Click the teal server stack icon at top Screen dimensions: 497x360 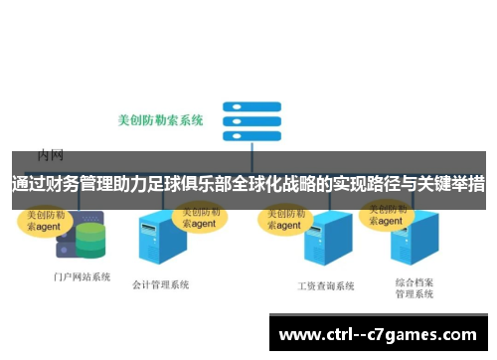pos(245,121)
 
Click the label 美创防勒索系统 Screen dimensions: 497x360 pos(161,120)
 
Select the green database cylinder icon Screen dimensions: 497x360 pos(90,240)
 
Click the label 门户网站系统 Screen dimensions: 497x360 pos(82,276)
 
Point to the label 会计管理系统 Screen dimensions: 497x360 pos(160,284)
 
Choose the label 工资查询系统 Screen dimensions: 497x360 pos(326,285)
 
